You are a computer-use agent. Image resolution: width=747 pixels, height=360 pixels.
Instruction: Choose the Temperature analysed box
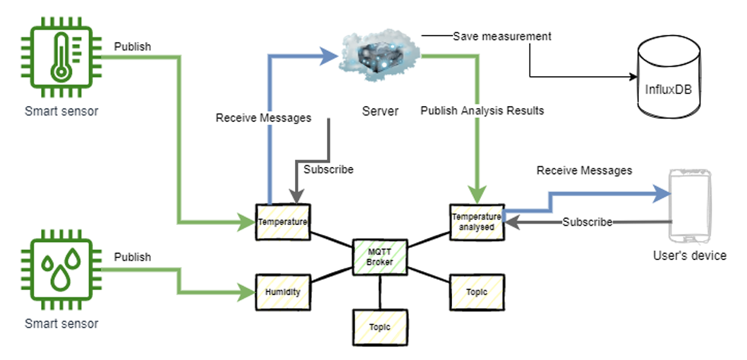[x=476, y=220]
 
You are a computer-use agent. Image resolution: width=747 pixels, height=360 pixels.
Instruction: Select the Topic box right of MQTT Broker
[x=476, y=292]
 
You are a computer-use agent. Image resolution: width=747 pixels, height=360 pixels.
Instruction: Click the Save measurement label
[x=502, y=36]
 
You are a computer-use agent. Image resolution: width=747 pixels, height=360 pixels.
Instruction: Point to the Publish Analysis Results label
[x=483, y=111]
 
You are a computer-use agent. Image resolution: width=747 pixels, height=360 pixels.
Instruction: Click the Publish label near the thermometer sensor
[x=133, y=46]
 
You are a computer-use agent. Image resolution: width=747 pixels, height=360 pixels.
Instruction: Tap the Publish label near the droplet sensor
[x=133, y=256]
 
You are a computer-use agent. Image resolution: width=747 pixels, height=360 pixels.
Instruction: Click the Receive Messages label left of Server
[x=264, y=118]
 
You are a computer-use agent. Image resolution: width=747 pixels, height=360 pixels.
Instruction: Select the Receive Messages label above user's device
[x=584, y=170]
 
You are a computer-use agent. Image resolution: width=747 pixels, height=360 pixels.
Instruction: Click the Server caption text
[x=380, y=111]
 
